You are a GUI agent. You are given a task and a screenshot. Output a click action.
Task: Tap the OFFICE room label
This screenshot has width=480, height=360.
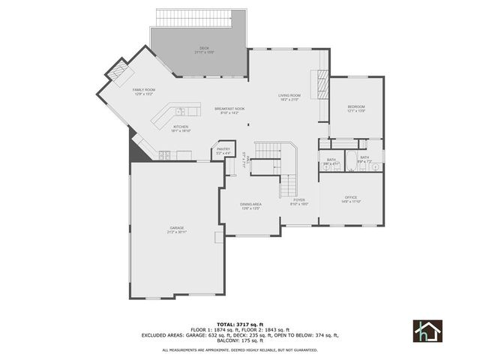pyautogui.click(x=351, y=199)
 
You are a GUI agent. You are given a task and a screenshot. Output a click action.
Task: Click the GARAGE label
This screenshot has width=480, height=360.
pyautogui.click(x=177, y=229)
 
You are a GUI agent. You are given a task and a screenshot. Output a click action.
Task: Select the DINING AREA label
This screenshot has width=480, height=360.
pyautogui.click(x=250, y=205)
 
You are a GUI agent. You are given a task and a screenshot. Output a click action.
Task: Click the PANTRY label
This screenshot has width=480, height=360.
pyautogui.click(x=223, y=151)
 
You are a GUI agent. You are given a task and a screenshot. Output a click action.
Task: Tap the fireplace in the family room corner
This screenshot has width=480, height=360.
pyautogui.click(x=117, y=73)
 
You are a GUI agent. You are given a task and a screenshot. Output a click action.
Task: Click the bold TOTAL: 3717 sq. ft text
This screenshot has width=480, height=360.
pyautogui.click(x=239, y=324)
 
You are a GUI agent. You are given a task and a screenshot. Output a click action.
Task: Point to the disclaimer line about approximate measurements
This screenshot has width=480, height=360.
pyautogui.click(x=239, y=349)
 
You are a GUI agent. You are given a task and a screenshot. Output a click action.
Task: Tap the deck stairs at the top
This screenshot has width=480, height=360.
pyautogui.click(x=200, y=17)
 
